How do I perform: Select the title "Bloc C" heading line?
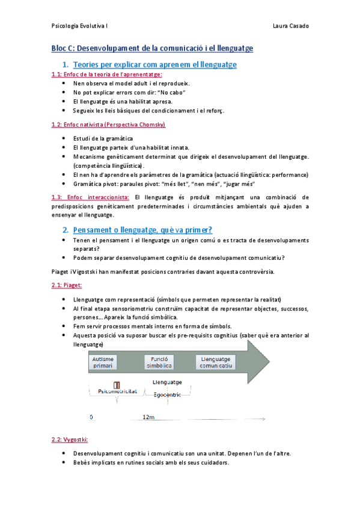pyautogui.click(x=152, y=48)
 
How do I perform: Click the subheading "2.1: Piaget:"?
pyautogui.click(x=67, y=284)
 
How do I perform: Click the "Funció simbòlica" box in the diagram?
pyautogui.click(x=159, y=362)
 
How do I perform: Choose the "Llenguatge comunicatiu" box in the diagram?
pyautogui.click(x=218, y=362)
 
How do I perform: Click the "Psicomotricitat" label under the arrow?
pyautogui.click(x=118, y=392)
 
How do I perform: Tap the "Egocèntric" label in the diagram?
pyautogui.click(x=168, y=395)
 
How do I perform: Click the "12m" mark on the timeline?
pyautogui.click(x=148, y=416)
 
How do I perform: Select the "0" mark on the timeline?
pyautogui.click(x=91, y=416)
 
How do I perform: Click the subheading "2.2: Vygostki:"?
pyautogui.click(x=70, y=440)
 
